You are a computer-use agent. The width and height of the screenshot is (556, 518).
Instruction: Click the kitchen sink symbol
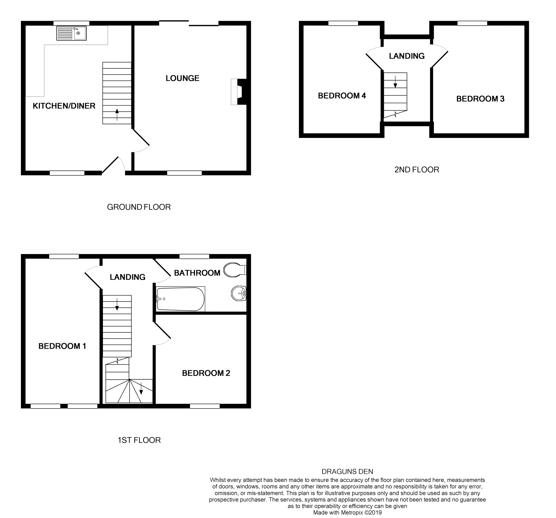pos(71,33)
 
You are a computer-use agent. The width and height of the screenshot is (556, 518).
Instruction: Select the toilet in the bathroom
pos(234,270)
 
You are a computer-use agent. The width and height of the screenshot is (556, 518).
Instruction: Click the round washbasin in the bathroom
pos(239,293)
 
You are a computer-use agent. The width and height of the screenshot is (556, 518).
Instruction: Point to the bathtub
pos(181,299)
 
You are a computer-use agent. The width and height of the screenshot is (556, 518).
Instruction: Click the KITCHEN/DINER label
pos(64,106)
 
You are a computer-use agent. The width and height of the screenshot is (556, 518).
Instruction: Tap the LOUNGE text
pos(182,78)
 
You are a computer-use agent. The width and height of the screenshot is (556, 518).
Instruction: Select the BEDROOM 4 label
pos(342,96)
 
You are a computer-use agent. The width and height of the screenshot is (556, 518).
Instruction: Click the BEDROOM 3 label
pos(480,99)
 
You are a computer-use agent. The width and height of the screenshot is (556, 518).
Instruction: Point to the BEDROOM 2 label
pos(206,373)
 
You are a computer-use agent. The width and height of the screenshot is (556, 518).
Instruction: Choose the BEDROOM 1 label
pos(62,346)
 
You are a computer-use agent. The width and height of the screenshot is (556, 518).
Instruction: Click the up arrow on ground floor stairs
pos(117,114)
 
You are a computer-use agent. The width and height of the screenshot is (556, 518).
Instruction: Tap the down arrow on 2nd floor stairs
pos(395,82)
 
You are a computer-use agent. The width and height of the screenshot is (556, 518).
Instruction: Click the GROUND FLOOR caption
pos(139,207)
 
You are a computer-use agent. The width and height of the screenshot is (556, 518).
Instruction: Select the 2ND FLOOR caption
pos(416,170)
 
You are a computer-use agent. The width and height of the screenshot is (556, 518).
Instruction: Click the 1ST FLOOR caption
pos(139,440)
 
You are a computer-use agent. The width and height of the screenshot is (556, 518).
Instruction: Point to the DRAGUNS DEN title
pos(347,472)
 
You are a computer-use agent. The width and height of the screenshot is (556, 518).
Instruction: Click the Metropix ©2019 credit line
pos(347,513)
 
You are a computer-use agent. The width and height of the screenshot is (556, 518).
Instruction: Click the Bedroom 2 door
pos(163,331)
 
